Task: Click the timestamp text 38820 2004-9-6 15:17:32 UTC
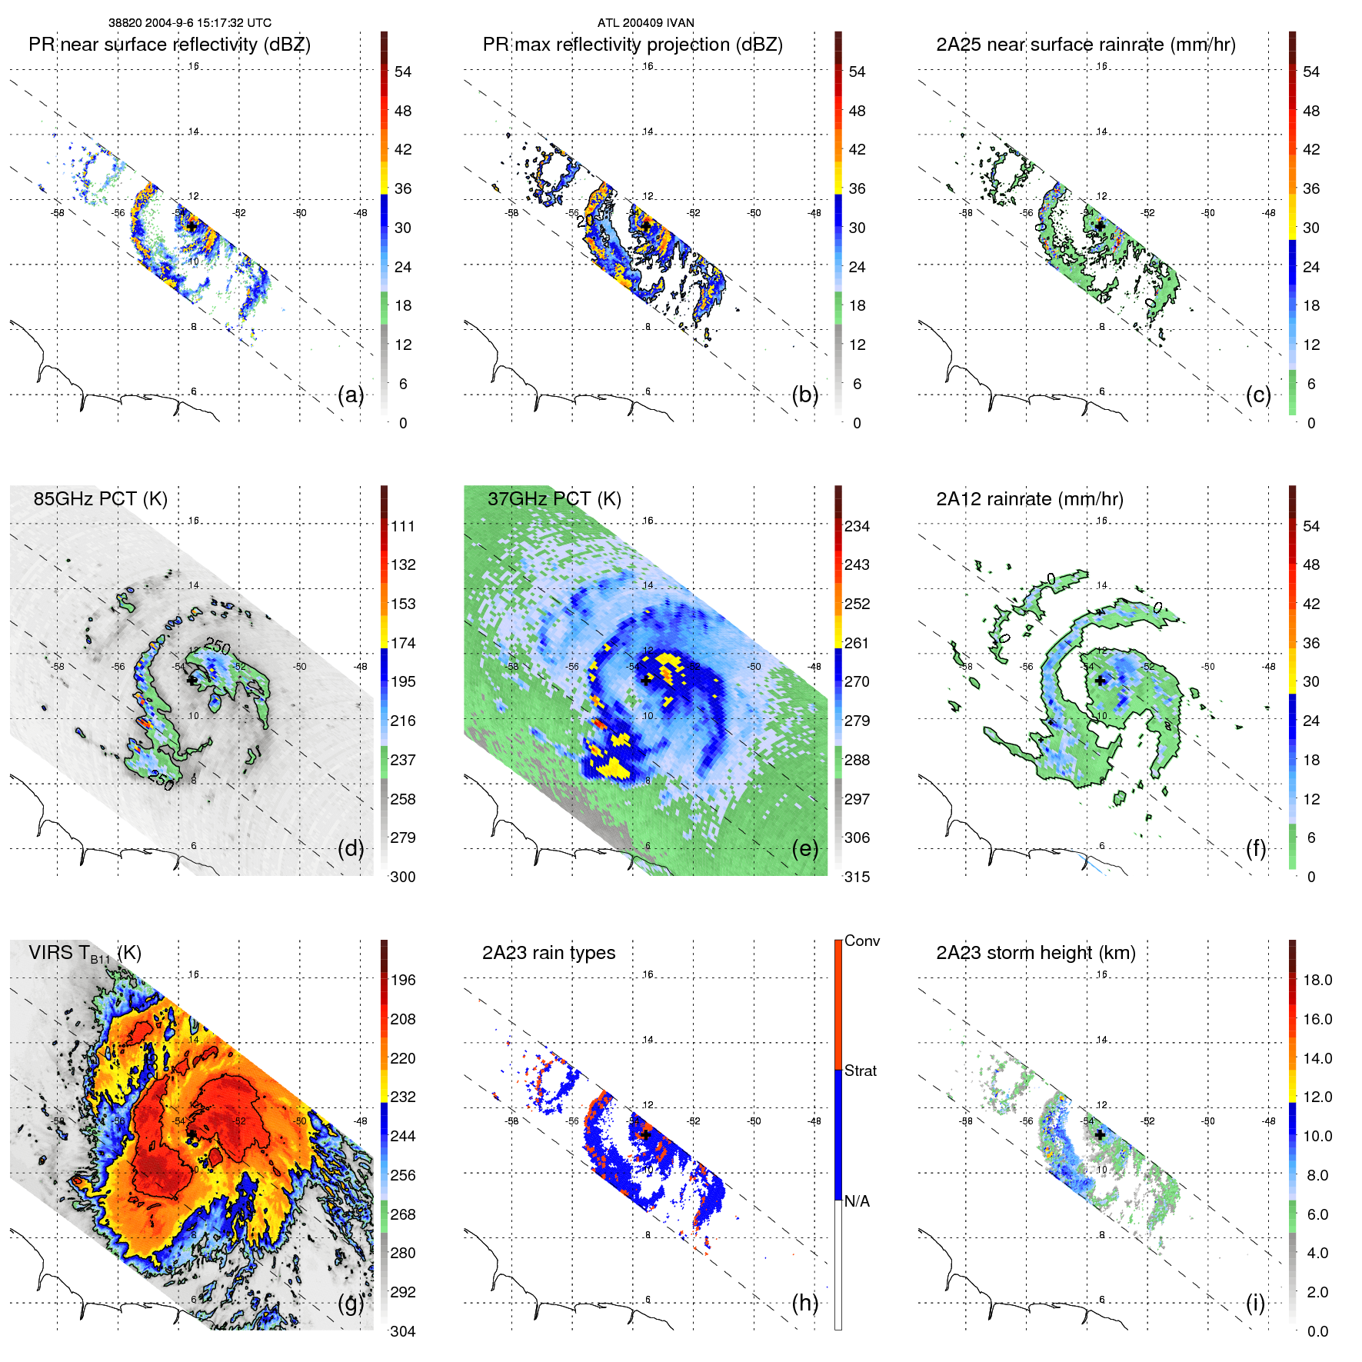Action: [190, 23]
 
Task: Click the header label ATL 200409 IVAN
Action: [645, 23]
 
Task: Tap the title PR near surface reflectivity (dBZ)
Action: [169, 45]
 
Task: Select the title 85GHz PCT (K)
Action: [100, 499]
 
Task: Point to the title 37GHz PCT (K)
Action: [554, 499]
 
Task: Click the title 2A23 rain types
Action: [548, 953]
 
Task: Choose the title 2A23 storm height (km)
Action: [1035, 953]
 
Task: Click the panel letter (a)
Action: [351, 395]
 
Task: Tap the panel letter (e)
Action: [804, 849]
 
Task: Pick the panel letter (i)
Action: [1255, 1303]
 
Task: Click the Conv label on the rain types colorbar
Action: [861, 941]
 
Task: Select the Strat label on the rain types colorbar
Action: [860, 1071]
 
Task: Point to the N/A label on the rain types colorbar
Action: [857, 1201]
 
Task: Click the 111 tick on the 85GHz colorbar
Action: [403, 526]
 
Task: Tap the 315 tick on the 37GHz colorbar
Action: [857, 877]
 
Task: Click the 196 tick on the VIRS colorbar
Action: [403, 980]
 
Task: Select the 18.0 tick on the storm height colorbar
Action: [1317, 980]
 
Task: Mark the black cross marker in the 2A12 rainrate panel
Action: [1101, 681]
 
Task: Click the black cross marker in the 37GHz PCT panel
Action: [646, 681]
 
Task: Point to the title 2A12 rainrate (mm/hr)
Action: [1029, 499]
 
